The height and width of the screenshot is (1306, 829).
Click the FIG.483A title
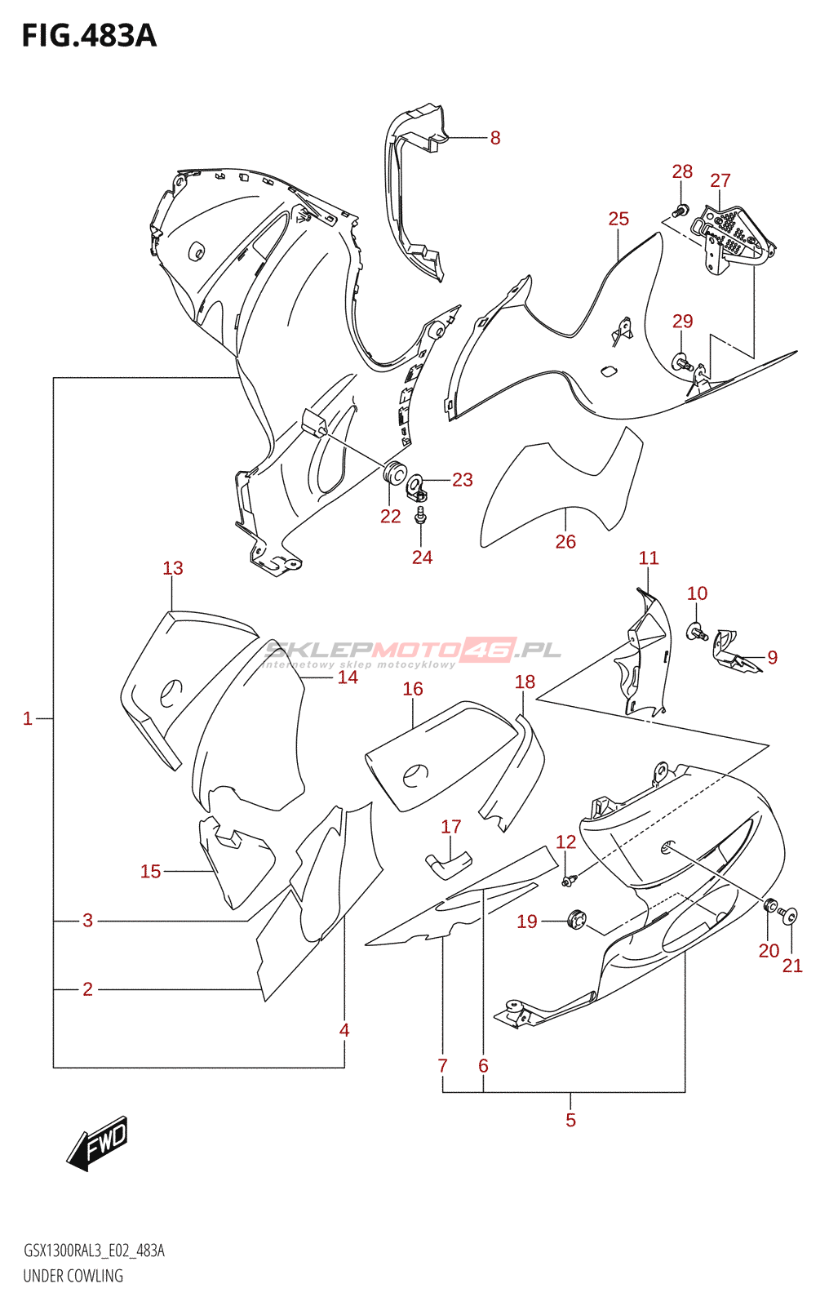tap(89, 36)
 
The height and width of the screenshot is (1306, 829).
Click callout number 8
tap(494, 138)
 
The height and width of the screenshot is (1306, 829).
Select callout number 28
tap(682, 171)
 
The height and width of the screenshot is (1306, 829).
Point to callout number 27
tap(720, 180)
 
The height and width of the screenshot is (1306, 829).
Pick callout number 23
tap(462, 479)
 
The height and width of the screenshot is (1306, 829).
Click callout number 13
tap(172, 568)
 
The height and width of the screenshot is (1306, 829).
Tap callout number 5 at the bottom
tap(570, 1120)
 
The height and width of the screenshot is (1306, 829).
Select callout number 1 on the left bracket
tap(28, 718)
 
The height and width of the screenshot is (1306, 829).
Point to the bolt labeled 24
tap(421, 516)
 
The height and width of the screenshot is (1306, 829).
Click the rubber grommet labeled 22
tap(395, 472)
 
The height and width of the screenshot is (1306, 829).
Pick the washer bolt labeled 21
tap(790, 917)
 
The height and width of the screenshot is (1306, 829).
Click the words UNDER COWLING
tap(73, 1276)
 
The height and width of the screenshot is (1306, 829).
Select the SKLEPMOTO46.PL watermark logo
tap(412, 651)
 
